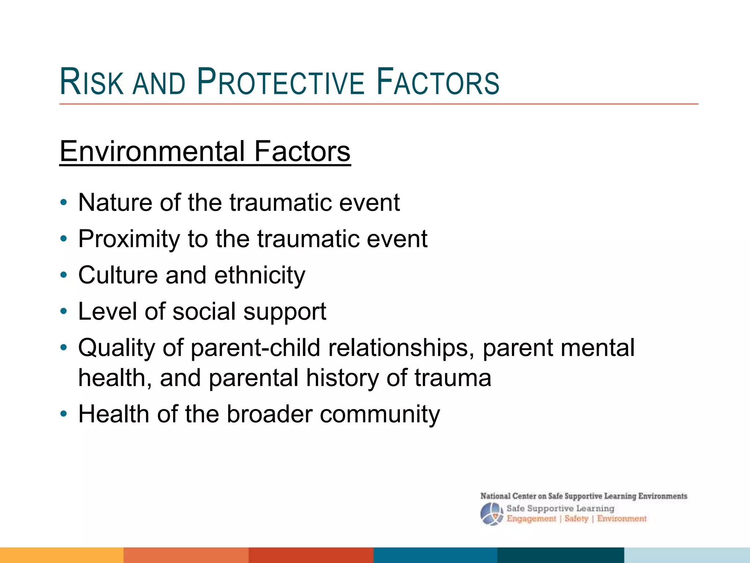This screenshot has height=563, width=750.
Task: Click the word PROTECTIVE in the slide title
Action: [x=281, y=82]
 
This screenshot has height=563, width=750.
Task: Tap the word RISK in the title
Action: [x=92, y=82]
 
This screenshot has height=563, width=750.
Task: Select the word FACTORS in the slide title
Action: [x=438, y=82]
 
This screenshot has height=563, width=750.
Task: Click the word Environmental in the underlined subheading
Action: [x=152, y=151]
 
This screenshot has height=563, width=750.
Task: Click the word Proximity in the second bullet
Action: [x=129, y=239]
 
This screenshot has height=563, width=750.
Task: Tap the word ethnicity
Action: [x=260, y=275]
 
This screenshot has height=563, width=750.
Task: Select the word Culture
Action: [x=118, y=275]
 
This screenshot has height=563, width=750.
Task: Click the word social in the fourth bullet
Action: [x=204, y=311]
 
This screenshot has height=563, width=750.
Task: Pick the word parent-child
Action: [x=256, y=347]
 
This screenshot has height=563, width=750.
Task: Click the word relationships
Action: [x=398, y=347]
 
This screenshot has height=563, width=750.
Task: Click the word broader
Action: [x=269, y=414]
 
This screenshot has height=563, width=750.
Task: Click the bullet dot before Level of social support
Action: [x=64, y=312]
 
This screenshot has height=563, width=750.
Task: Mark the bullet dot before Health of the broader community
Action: [x=64, y=414]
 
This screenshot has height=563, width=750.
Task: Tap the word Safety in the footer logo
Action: [x=576, y=519]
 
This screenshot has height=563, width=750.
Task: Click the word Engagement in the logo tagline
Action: [x=531, y=519]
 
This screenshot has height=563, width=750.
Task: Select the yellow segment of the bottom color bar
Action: [x=62, y=555]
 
